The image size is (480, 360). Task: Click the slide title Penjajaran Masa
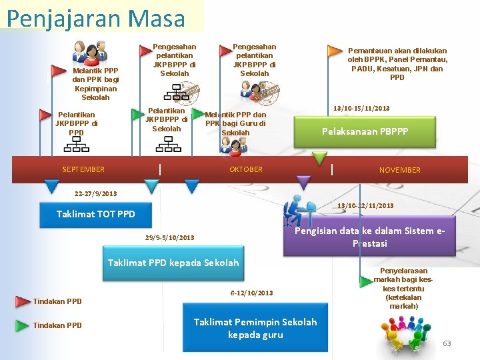click(x=96, y=18)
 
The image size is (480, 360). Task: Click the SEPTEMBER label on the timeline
click(x=83, y=169)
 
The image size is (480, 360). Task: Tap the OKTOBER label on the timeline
click(x=246, y=169)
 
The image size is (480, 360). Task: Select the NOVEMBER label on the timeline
click(x=400, y=170)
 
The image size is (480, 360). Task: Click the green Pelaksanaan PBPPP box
click(x=365, y=131)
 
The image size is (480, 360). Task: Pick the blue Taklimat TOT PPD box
click(x=95, y=214)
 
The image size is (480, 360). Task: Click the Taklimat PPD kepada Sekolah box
click(x=173, y=263)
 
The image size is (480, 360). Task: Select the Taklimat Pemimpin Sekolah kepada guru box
click(x=255, y=328)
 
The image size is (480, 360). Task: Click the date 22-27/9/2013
click(x=96, y=194)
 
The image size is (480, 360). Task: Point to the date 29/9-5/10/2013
click(x=169, y=237)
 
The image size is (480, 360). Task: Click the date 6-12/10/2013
click(x=251, y=293)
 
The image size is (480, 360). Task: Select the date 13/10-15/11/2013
click(x=362, y=108)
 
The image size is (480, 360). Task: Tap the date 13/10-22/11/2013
click(x=365, y=205)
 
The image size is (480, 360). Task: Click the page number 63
click(x=447, y=343)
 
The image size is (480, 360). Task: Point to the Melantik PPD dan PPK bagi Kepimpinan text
click(x=95, y=84)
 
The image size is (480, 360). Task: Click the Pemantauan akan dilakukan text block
click(x=397, y=64)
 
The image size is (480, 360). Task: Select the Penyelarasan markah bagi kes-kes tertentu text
click(x=403, y=288)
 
